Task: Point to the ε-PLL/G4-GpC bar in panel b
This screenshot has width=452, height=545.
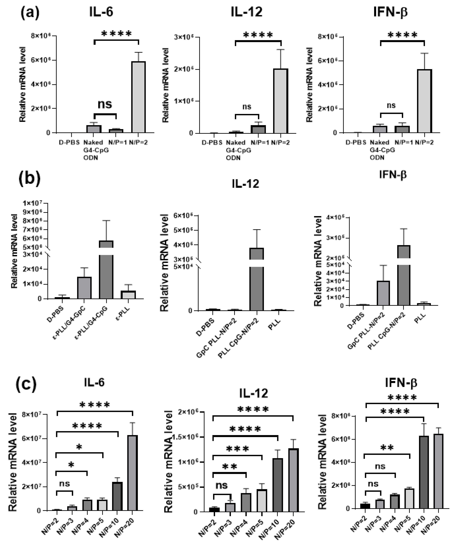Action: (84, 288)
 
